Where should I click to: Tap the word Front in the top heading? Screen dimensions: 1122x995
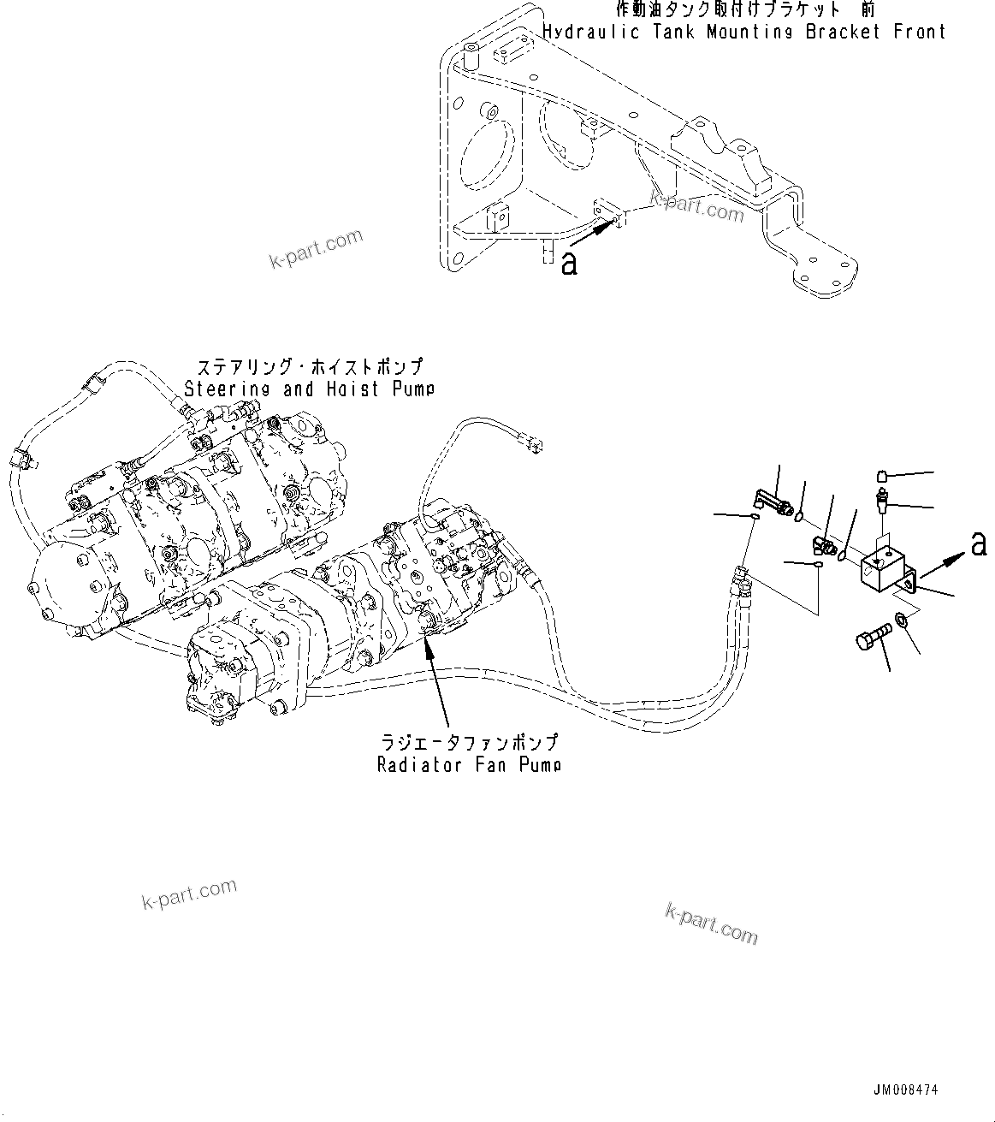919,33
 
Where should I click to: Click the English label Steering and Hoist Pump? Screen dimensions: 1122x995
309,389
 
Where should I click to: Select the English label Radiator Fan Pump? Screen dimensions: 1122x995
469,764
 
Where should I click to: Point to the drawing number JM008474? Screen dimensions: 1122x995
906,1090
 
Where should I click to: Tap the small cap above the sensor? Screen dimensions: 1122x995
884,476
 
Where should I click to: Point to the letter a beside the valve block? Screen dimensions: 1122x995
979,543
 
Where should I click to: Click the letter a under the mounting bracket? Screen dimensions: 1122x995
569,264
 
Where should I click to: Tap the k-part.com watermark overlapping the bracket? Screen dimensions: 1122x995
696,205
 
